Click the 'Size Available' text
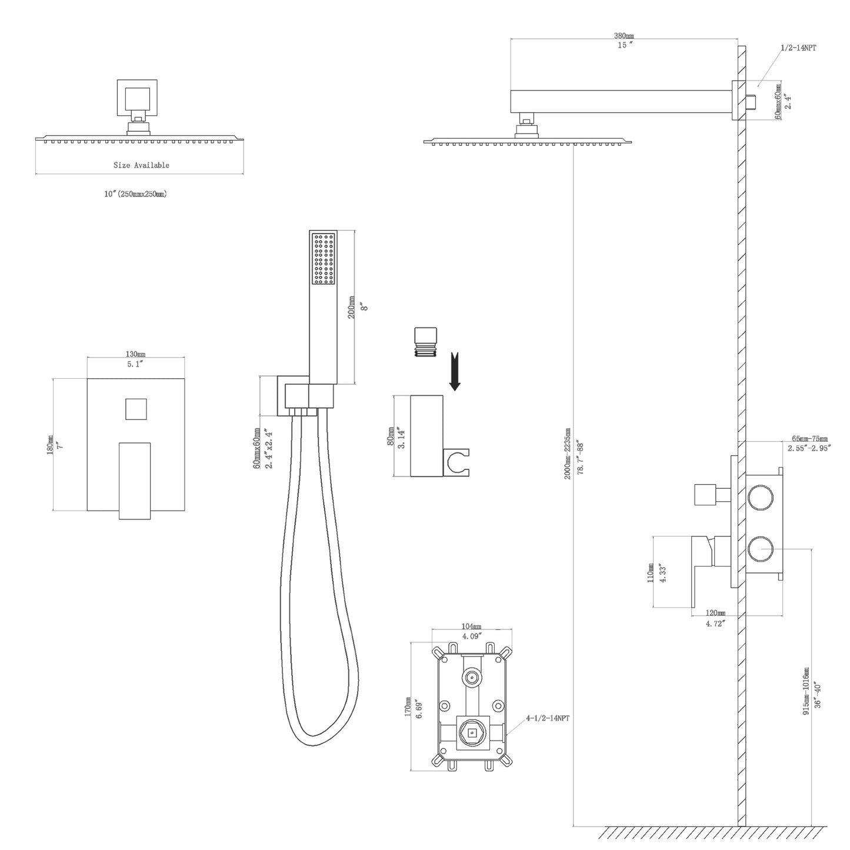[x=141, y=165]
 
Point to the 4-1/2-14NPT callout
[x=547, y=718]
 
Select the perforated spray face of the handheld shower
[x=324, y=260]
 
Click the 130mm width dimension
[x=135, y=354]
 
